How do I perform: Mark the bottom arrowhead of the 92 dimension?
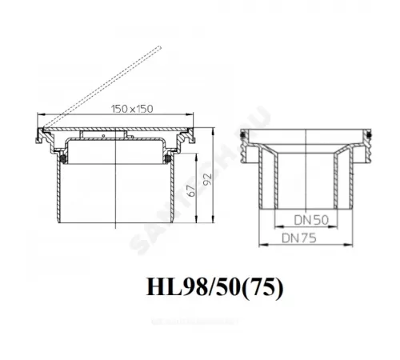(x=214, y=225)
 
